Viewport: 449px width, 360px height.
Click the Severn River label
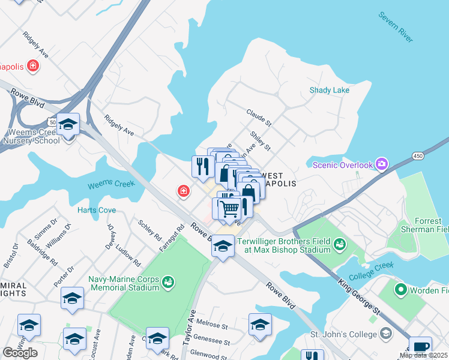point(395,26)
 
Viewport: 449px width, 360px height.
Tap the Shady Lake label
point(329,90)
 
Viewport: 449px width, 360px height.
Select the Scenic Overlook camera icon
point(381,164)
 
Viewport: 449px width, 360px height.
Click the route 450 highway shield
point(418,156)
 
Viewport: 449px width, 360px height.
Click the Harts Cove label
point(97,210)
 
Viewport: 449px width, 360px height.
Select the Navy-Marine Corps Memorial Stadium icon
point(169,281)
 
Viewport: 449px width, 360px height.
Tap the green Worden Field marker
point(400,290)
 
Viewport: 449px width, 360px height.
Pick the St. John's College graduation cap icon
point(386,333)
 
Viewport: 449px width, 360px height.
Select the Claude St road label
point(259,117)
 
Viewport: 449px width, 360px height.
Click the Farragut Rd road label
point(171,238)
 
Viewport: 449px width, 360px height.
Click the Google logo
point(20,353)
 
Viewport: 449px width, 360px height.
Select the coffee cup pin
point(421,347)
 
